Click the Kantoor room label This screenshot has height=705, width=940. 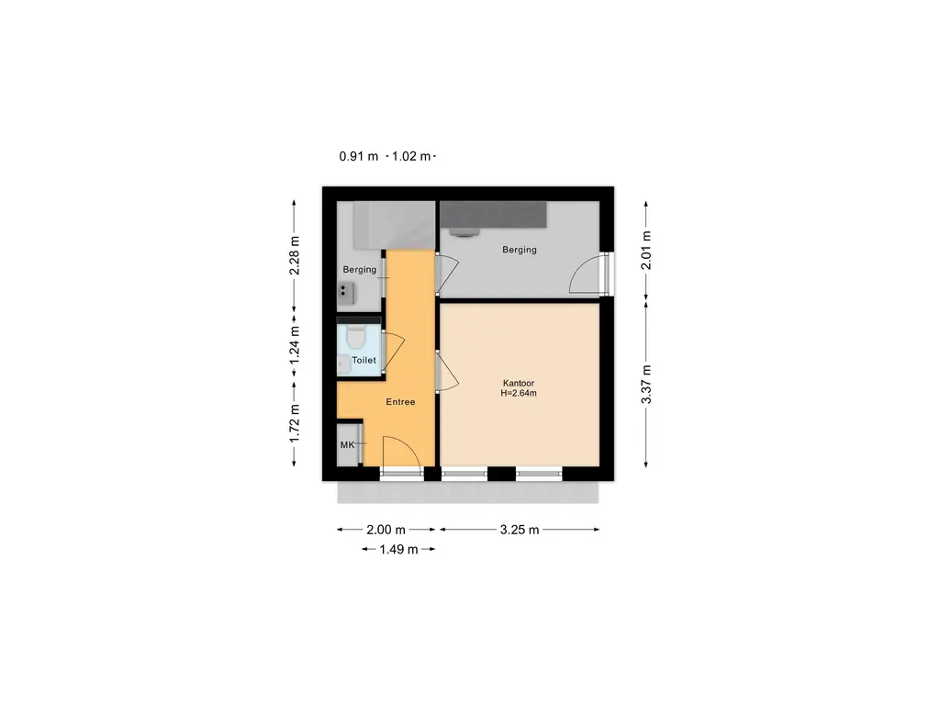[519, 383]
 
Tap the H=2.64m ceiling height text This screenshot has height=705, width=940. [519, 393]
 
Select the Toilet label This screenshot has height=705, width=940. [364, 360]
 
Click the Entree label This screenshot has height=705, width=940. [400, 402]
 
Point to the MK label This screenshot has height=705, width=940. [348, 445]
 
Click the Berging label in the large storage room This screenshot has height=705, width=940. [520, 250]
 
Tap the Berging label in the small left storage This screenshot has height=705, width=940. [360, 270]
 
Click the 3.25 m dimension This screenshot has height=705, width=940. [520, 530]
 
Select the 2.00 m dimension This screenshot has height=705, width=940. [386, 530]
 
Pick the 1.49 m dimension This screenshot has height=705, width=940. [398, 549]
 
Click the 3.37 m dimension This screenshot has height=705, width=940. [646, 385]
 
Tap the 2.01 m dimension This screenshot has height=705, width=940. [646, 250]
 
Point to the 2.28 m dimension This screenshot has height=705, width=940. [295, 255]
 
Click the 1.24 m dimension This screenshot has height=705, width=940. [295, 345]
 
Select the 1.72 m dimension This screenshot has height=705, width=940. [295, 423]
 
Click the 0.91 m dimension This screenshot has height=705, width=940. [359, 156]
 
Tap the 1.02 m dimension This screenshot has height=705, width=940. [411, 156]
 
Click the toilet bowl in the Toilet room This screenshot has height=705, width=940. [356, 338]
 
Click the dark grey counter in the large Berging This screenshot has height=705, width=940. [493, 215]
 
